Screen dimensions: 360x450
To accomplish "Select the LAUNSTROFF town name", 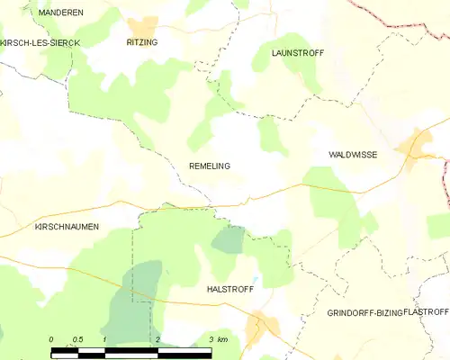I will pyautogui.click(x=297, y=53).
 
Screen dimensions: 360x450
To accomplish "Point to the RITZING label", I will pyautogui.click(x=142, y=41).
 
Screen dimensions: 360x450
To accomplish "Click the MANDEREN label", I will pyautogui.click(x=61, y=13).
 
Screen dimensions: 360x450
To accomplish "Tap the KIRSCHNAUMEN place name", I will pyautogui.click(x=66, y=227).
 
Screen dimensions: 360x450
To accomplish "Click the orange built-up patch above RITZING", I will pyautogui.click(x=141, y=26).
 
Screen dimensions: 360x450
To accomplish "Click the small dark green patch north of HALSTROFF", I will pyautogui.click(x=229, y=238).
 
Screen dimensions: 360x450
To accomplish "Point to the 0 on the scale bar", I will pyautogui.click(x=51, y=338).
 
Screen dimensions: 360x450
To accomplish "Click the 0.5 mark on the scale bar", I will pyautogui.click(x=78, y=338).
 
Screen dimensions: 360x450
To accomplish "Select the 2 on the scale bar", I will pyautogui.click(x=158, y=338).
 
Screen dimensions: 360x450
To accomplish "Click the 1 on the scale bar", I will pyautogui.click(x=105, y=338).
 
